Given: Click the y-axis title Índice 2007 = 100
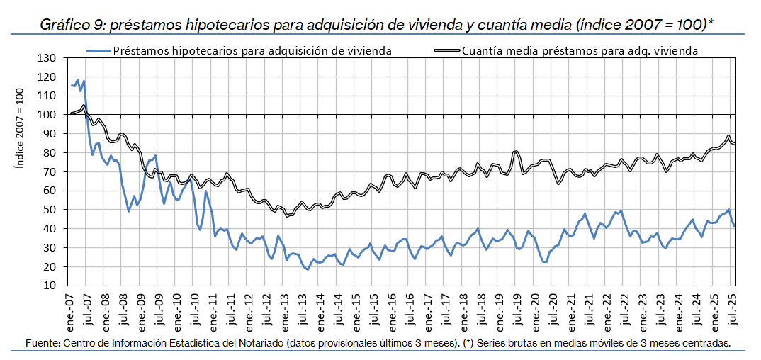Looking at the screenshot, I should pos(21,128).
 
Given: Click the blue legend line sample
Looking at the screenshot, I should pos(98,51).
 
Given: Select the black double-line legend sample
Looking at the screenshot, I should pos(446,51).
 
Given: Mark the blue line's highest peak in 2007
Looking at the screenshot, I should pos(77,79).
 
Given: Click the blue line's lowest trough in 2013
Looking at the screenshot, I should pos(307,269).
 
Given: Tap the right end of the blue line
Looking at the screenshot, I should pos(735,226).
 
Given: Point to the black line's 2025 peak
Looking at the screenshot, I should pos(728,136).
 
